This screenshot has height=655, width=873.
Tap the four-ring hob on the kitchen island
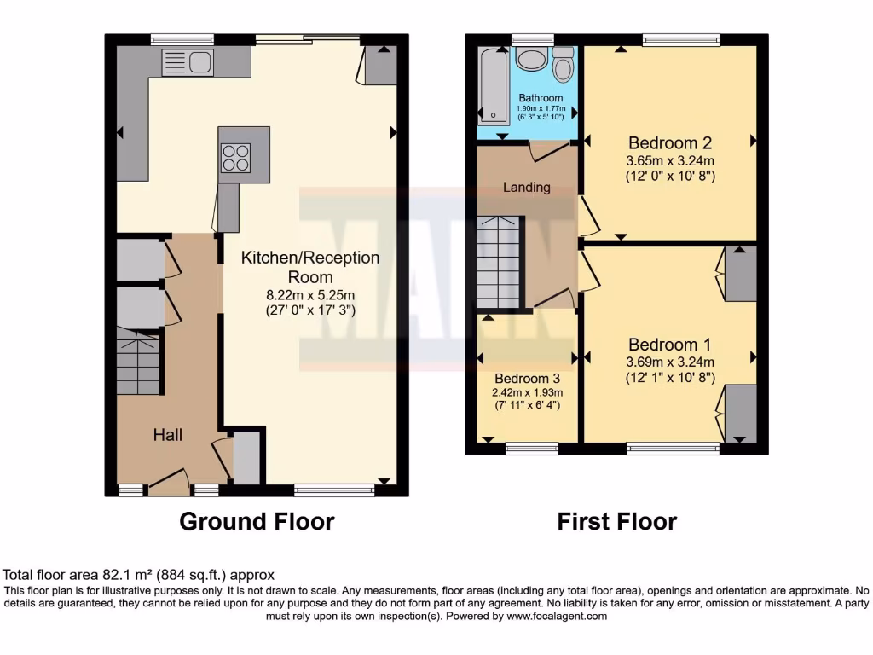[x=235, y=158]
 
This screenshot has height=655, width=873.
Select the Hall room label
[x=168, y=435]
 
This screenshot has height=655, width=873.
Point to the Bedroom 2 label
[x=670, y=143]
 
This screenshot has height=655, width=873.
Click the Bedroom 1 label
[x=670, y=345]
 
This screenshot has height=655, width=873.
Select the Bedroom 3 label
[x=525, y=379]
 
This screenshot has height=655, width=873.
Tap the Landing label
[x=526, y=187]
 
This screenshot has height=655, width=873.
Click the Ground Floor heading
[x=257, y=521]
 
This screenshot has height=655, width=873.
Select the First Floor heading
[x=617, y=521]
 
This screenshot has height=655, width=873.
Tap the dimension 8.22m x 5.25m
[x=310, y=295]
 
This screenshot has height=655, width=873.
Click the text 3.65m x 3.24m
[x=670, y=160]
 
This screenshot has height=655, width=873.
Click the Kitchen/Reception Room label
[x=310, y=267]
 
